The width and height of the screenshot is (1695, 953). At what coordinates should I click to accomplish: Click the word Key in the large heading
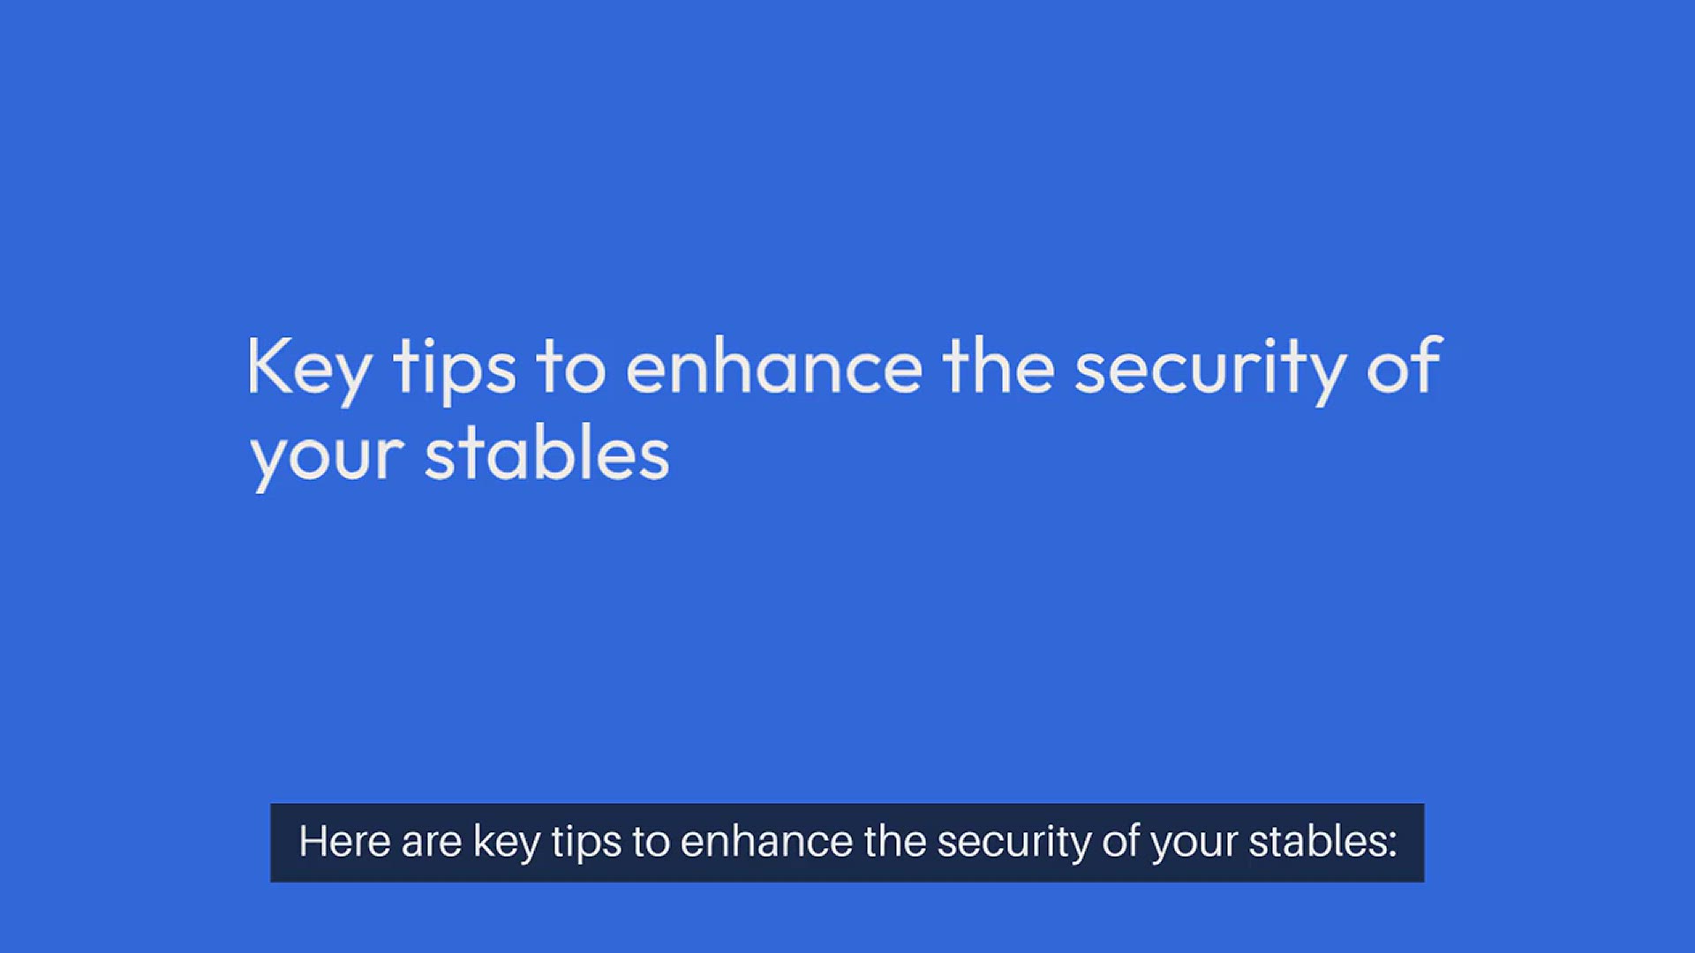[x=308, y=367]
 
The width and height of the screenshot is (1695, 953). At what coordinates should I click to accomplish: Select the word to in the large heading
[x=571, y=367]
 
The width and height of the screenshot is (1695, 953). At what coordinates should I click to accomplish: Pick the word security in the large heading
[x=1210, y=369]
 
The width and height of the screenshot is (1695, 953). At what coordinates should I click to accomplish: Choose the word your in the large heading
[x=328, y=457]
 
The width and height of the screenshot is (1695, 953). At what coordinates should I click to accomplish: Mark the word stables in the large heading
[x=547, y=455]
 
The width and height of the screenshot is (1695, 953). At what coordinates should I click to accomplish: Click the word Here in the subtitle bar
[x=343, y=842]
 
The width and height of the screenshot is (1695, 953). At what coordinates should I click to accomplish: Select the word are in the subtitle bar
[x=431, y=843]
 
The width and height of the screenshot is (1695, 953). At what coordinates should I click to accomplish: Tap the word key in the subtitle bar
[x=506, y=843]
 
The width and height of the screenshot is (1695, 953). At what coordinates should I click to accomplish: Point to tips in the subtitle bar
[x=586, y=843]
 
